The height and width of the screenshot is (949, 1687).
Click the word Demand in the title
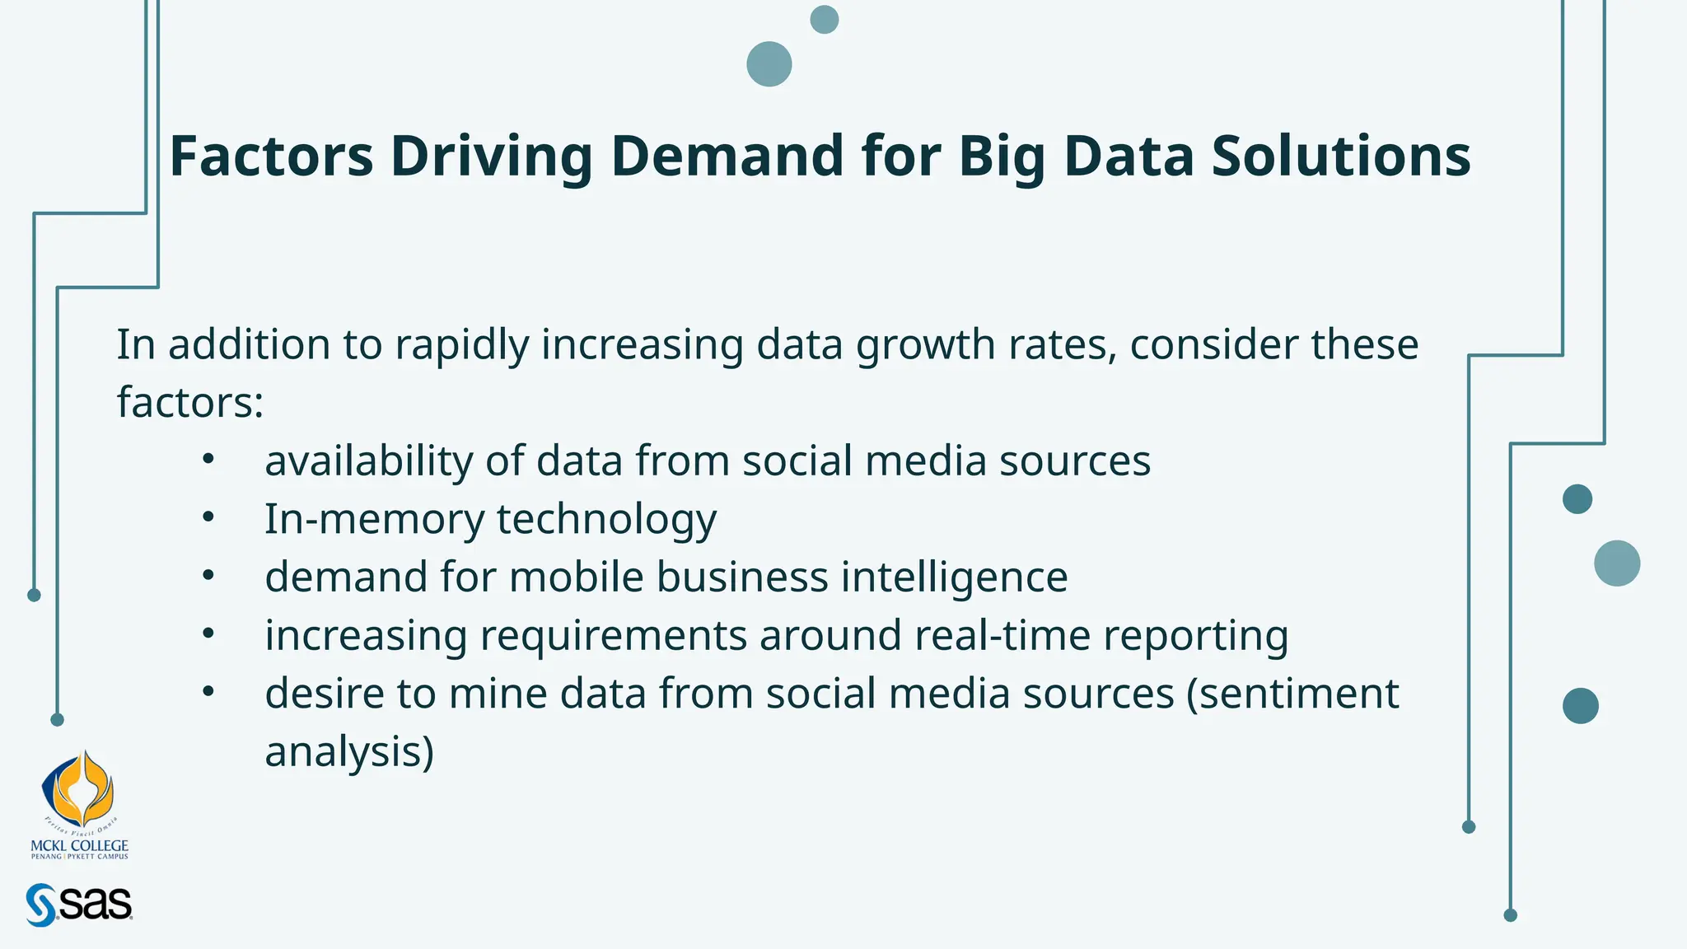click(727, 156)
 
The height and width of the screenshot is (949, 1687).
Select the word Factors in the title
click(271, 156)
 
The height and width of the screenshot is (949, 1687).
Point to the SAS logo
click(79, 905)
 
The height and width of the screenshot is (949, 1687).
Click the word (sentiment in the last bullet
click(1292, 694)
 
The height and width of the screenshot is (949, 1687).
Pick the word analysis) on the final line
click(349, 752)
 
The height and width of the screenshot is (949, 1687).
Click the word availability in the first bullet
click(368, 460)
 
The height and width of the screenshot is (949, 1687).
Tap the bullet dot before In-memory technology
click(208, 517)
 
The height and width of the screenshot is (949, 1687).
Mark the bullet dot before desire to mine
click(208, 692)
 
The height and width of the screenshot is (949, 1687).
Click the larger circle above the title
click(769, 64)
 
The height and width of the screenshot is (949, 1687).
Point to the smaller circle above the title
click(825, 20)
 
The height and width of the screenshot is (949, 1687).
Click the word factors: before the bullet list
click(189, 403)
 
